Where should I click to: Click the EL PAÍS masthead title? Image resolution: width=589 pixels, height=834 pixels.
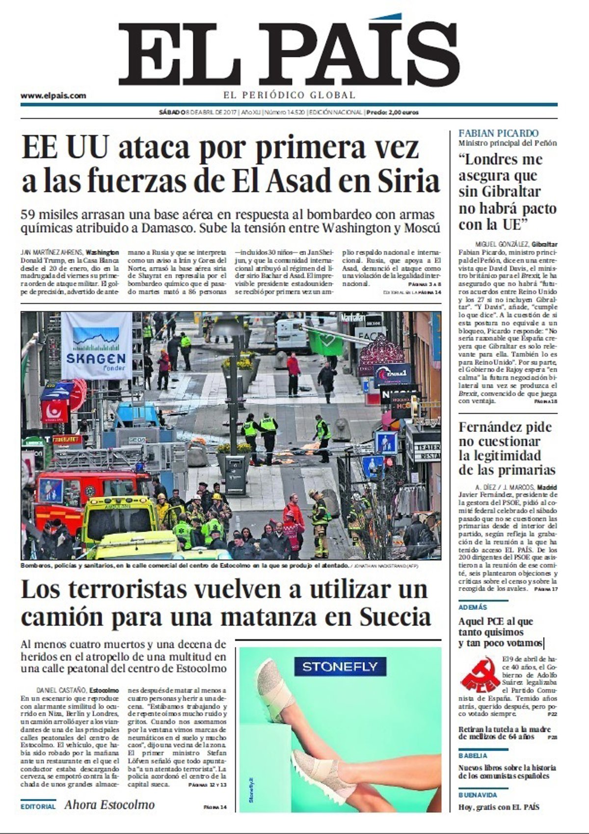pos(289,53)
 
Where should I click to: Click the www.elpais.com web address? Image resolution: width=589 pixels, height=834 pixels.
pos(53,96)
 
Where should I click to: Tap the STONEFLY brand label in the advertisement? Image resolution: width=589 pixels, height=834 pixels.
pos(340,666)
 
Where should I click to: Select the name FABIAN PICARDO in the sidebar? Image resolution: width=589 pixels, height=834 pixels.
pos(498,133)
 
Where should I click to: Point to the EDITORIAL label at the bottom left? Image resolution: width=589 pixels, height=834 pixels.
pos(38,806)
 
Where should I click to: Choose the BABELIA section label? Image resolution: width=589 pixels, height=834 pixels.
pos(473,755)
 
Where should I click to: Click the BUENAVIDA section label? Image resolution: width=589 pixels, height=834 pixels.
pos(478,794)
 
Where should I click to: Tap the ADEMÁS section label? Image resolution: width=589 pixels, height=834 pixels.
pos(473,607)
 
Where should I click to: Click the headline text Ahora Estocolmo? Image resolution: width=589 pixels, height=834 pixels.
pos(109,805)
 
